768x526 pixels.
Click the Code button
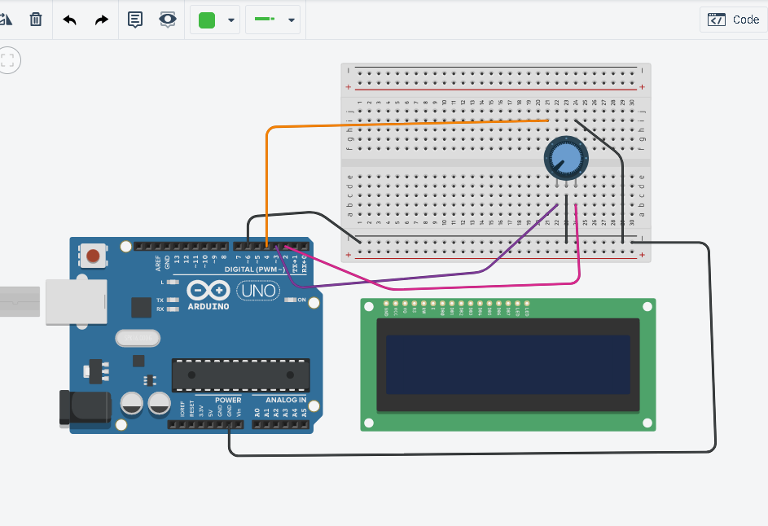tap(733, 20)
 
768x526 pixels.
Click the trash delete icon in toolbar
tap(36, 20)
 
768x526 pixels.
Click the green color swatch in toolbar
tap(207, 20)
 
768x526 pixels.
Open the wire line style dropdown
tap(291, 20)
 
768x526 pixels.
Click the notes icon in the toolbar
tap(135, 20)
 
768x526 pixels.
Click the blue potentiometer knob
tap(564, 158)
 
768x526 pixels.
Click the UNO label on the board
tap(257, 290)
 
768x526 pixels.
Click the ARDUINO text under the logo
tap(208, 306)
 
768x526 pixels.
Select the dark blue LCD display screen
tap(507, 364)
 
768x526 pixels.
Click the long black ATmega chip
tap(240, 375)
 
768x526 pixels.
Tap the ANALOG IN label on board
tap(285, 400)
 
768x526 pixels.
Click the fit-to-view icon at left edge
tap(9, 59)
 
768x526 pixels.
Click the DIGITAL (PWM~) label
tap(249, 269)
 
